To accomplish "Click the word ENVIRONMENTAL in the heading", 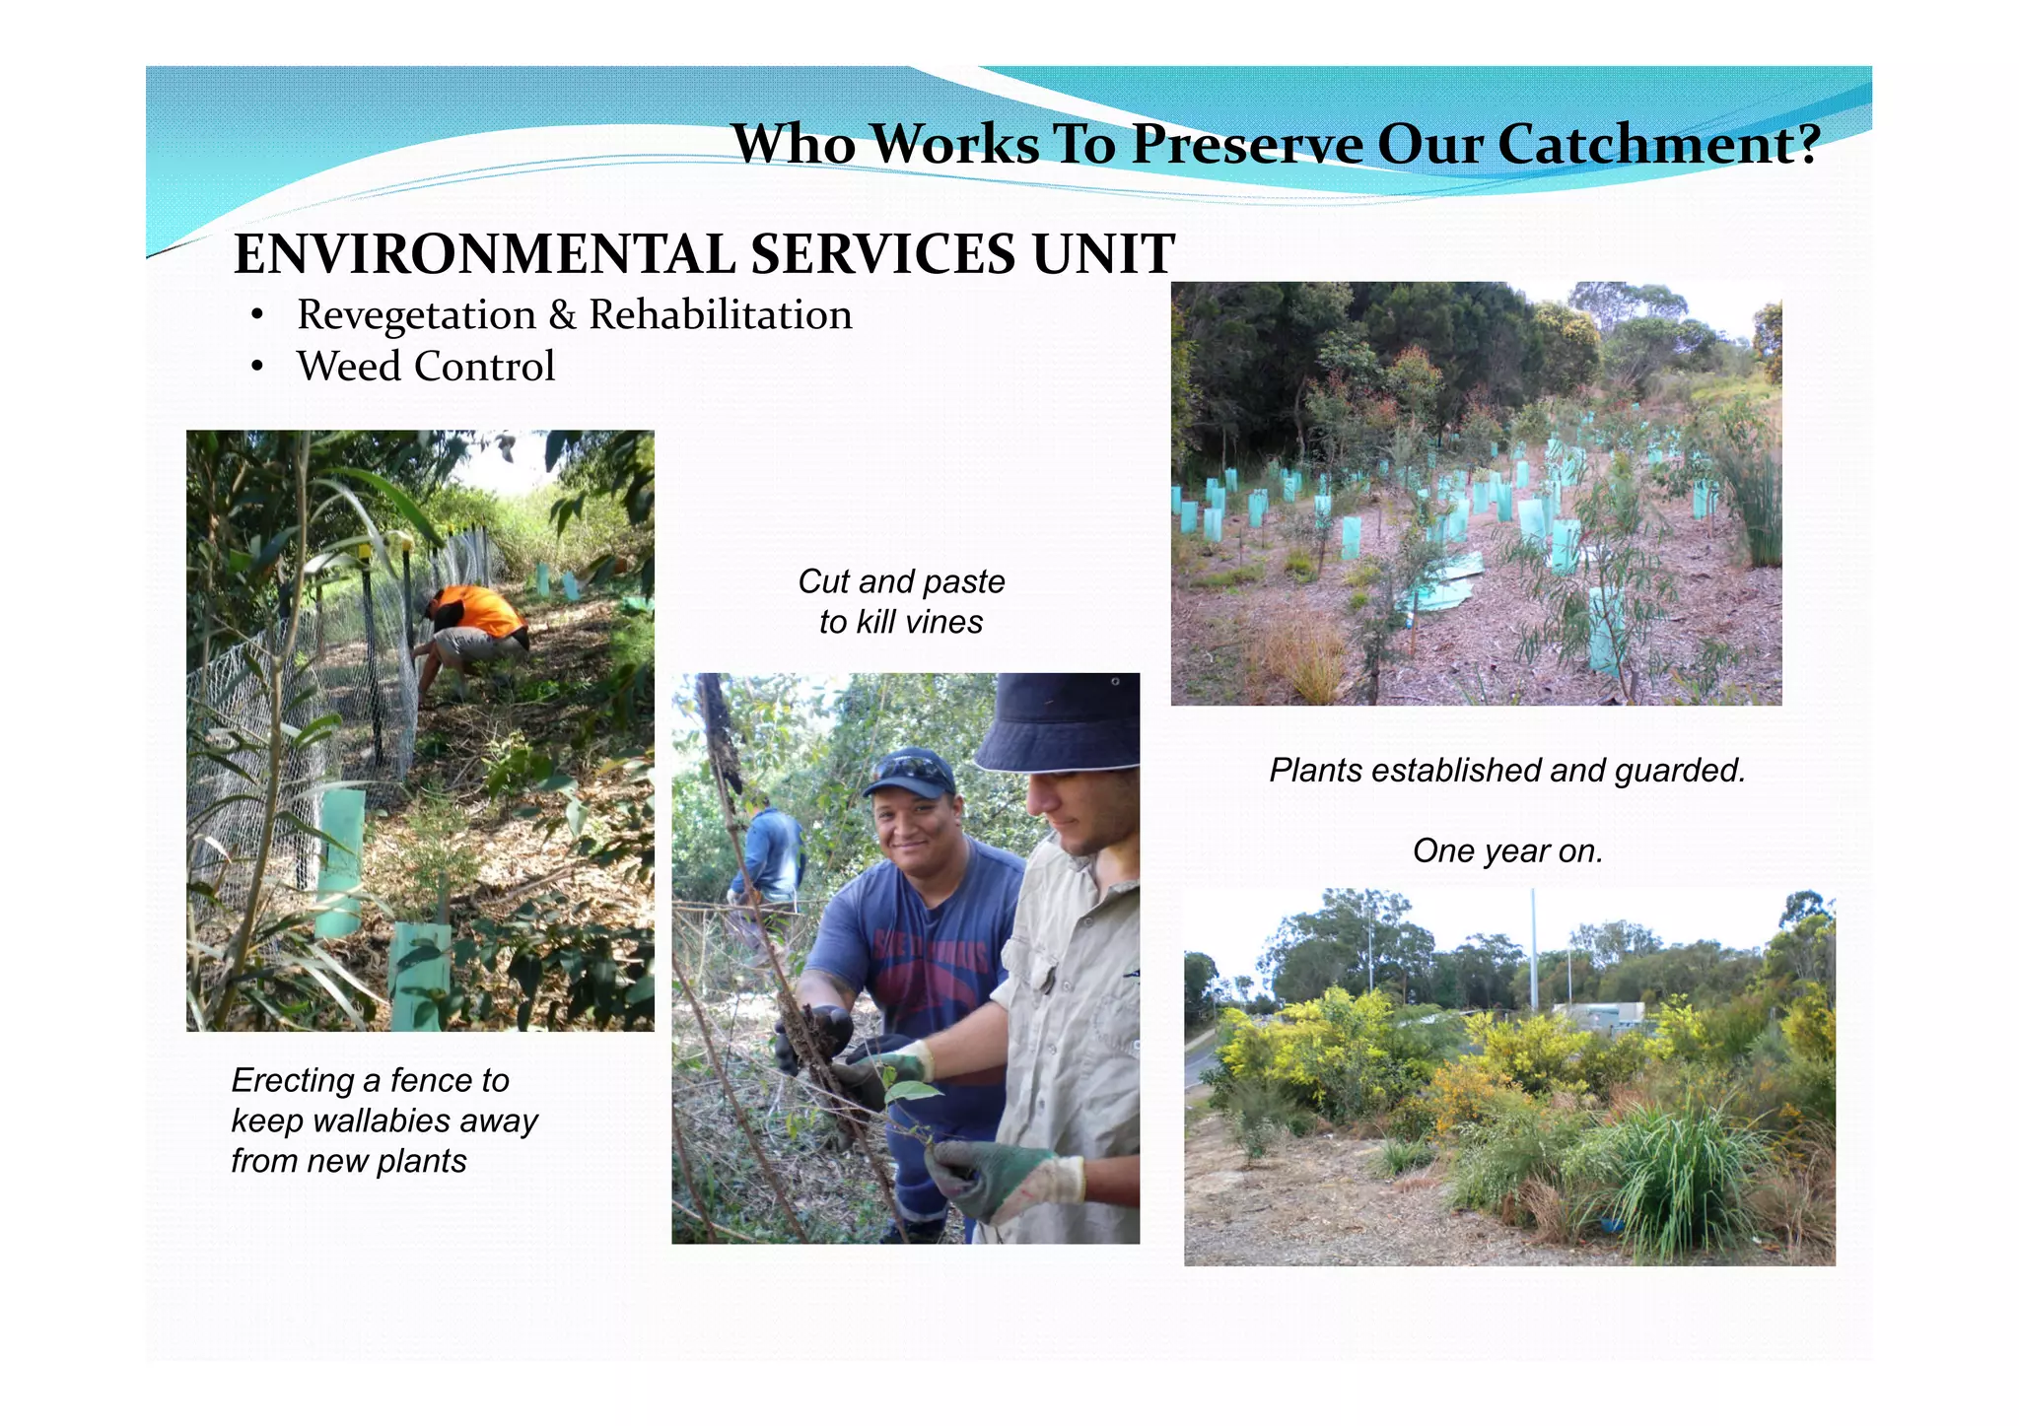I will [x=484, y=254].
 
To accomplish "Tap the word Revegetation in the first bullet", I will [x=416, y=315].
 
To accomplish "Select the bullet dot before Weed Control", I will [x=257, y=368].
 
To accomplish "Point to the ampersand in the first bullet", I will [x=562, y=315].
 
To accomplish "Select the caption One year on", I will [x=1507, y=851].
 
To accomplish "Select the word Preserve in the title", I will [x=1247, y=145].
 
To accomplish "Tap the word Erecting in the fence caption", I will [x=293, y=1081].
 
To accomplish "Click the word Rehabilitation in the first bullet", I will [x=721, y=315].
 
